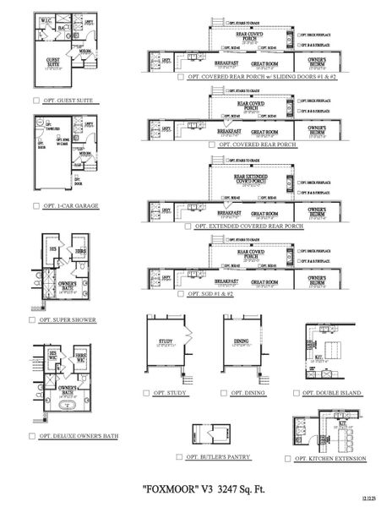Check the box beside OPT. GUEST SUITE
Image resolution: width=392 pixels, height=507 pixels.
(x=35, y=101)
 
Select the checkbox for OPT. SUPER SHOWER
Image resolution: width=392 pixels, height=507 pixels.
(x=35, y=320)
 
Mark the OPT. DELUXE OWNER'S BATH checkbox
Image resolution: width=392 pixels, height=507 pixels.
(x=35, y=437)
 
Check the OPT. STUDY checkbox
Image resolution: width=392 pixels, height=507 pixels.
(x=146, y=393)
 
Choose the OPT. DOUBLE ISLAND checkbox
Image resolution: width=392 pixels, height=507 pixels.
(x=294, y=393)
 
